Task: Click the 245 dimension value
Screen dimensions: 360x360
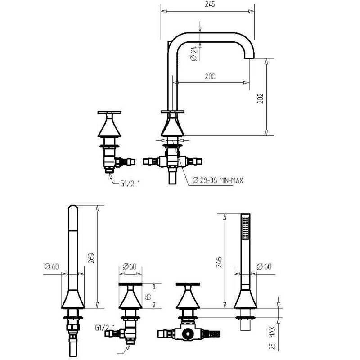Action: [210, 4]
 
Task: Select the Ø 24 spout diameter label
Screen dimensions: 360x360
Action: [194, 53]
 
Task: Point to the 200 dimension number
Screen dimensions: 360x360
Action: [210, 76]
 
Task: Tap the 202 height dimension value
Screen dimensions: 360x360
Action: [261, 98]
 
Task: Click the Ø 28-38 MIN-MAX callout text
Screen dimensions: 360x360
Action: [217, 180]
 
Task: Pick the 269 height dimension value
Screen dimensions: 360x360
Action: [91, 258]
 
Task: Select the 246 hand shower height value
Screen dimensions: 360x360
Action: [219, 262]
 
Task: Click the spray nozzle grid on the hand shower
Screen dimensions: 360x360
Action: [245, 229]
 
